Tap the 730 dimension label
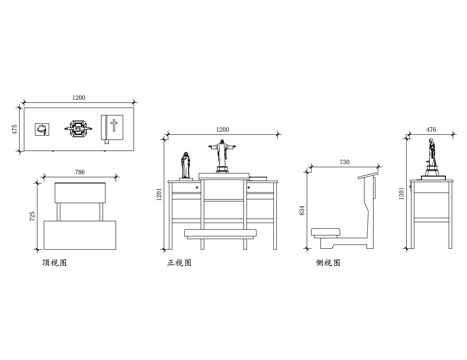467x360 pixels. [345, 161]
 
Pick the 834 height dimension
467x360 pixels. [303, 211]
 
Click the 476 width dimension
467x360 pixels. [431, 129]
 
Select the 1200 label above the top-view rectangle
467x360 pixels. [79, 97]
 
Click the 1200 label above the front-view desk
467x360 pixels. [222, 130]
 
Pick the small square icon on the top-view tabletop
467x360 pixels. [42, 128]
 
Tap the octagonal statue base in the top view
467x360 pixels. [77, 128]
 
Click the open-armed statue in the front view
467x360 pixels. [221, 156]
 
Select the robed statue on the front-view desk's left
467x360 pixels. [185, 165]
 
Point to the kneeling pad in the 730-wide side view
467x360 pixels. [325, 232]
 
